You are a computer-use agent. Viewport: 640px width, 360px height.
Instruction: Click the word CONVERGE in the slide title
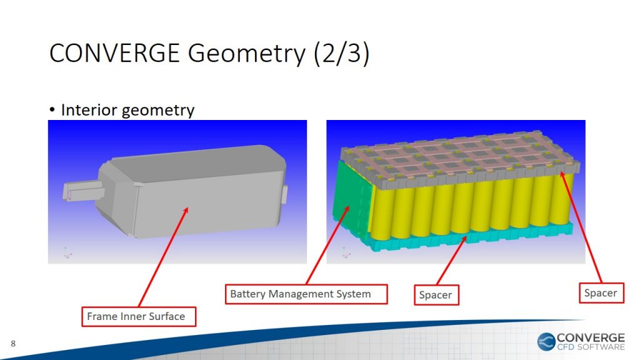115,53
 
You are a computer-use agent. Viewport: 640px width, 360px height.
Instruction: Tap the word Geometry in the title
246,54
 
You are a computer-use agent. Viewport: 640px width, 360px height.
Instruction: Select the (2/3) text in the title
342,54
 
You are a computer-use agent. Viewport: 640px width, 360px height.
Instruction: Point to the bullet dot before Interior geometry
52,110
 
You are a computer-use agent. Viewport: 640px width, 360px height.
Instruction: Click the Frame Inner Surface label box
139,316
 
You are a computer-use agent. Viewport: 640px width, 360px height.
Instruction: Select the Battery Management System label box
306,294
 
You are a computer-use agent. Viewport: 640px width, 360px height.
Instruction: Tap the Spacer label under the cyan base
436,295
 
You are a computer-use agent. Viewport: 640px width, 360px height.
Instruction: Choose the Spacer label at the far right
601,292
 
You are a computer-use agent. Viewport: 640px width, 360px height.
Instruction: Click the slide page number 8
13,344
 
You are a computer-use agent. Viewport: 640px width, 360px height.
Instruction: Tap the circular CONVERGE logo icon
546,342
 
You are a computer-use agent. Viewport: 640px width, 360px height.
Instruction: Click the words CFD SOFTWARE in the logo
591,347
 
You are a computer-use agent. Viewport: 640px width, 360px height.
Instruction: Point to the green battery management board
352,200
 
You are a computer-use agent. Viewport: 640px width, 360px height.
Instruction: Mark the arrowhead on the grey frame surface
185,211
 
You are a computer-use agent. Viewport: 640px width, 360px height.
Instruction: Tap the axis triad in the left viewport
67,253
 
